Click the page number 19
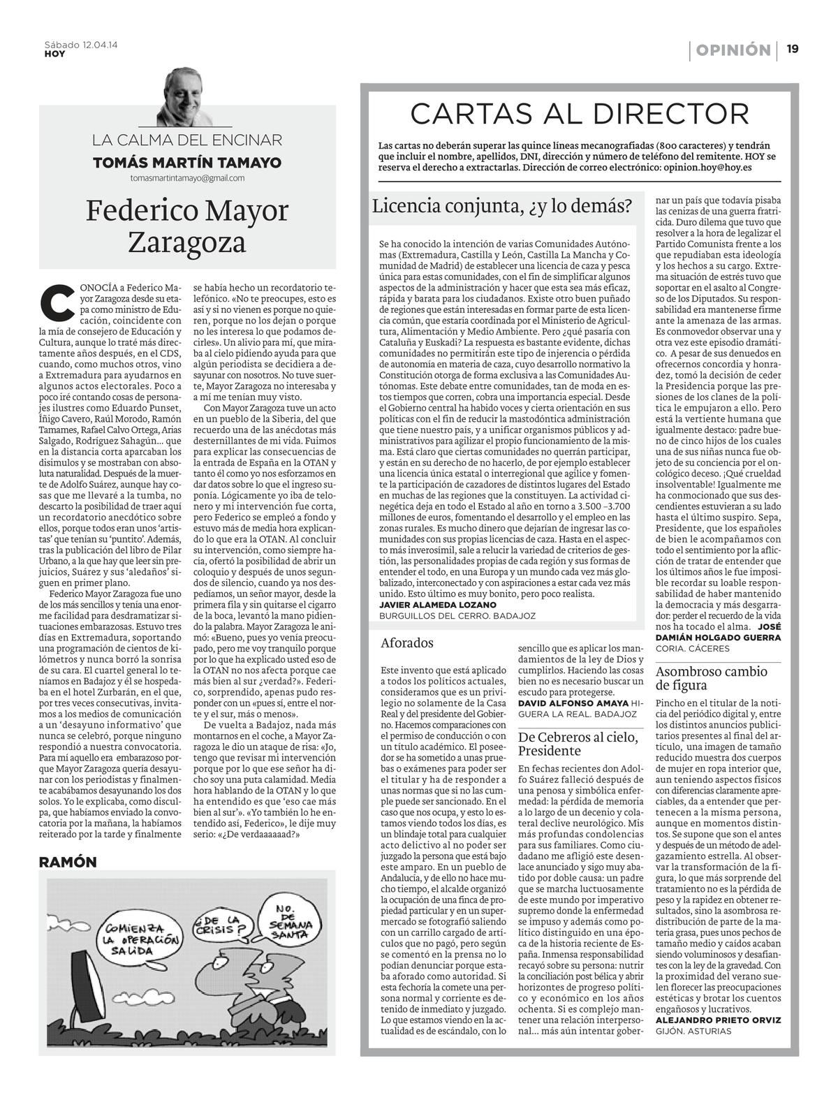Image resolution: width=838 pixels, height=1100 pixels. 793,50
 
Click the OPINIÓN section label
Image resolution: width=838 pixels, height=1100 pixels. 733,50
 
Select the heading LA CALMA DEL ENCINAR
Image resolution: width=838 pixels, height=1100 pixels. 187,140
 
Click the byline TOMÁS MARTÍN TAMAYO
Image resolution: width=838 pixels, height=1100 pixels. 187,163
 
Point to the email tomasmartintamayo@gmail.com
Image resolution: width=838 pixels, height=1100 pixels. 187,178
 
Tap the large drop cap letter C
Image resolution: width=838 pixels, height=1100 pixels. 54,301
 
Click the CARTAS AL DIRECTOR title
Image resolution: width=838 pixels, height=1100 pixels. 579,113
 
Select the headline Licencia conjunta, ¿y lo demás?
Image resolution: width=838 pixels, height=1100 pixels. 501,206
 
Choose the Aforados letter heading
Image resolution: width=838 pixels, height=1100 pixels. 407,643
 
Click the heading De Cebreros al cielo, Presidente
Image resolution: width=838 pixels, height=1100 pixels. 578,744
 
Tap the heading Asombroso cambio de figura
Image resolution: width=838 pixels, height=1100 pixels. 711,678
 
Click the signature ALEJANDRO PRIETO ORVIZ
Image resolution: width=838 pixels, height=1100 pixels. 718,1019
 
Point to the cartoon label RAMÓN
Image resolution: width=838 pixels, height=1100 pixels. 68,862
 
